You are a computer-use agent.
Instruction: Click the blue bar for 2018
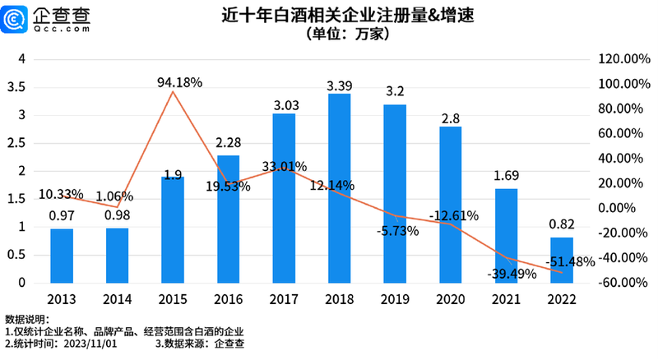(339, 188)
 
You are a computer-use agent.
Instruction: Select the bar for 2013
(62, 256)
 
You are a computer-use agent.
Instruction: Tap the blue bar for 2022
(562, 260)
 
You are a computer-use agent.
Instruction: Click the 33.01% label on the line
(279, 167)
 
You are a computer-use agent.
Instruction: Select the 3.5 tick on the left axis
(17, 87)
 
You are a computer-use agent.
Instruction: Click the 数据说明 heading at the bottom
(27, 318)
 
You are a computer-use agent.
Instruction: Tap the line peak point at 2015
(173, 91)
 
